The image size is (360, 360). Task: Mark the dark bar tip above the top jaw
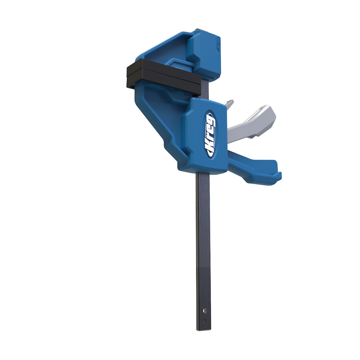click(x=199, y=30)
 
